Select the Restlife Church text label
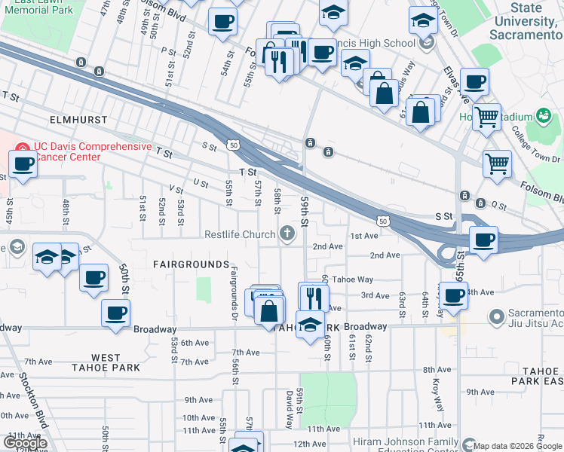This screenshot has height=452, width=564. [240, 234]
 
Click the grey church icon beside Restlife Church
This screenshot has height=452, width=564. [287, 234]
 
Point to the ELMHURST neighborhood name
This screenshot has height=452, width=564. [75, 120]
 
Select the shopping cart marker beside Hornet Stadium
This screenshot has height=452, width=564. [486, 118]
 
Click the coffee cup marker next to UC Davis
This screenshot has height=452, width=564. [23, 163]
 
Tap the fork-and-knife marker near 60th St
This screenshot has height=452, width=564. [314, 296]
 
